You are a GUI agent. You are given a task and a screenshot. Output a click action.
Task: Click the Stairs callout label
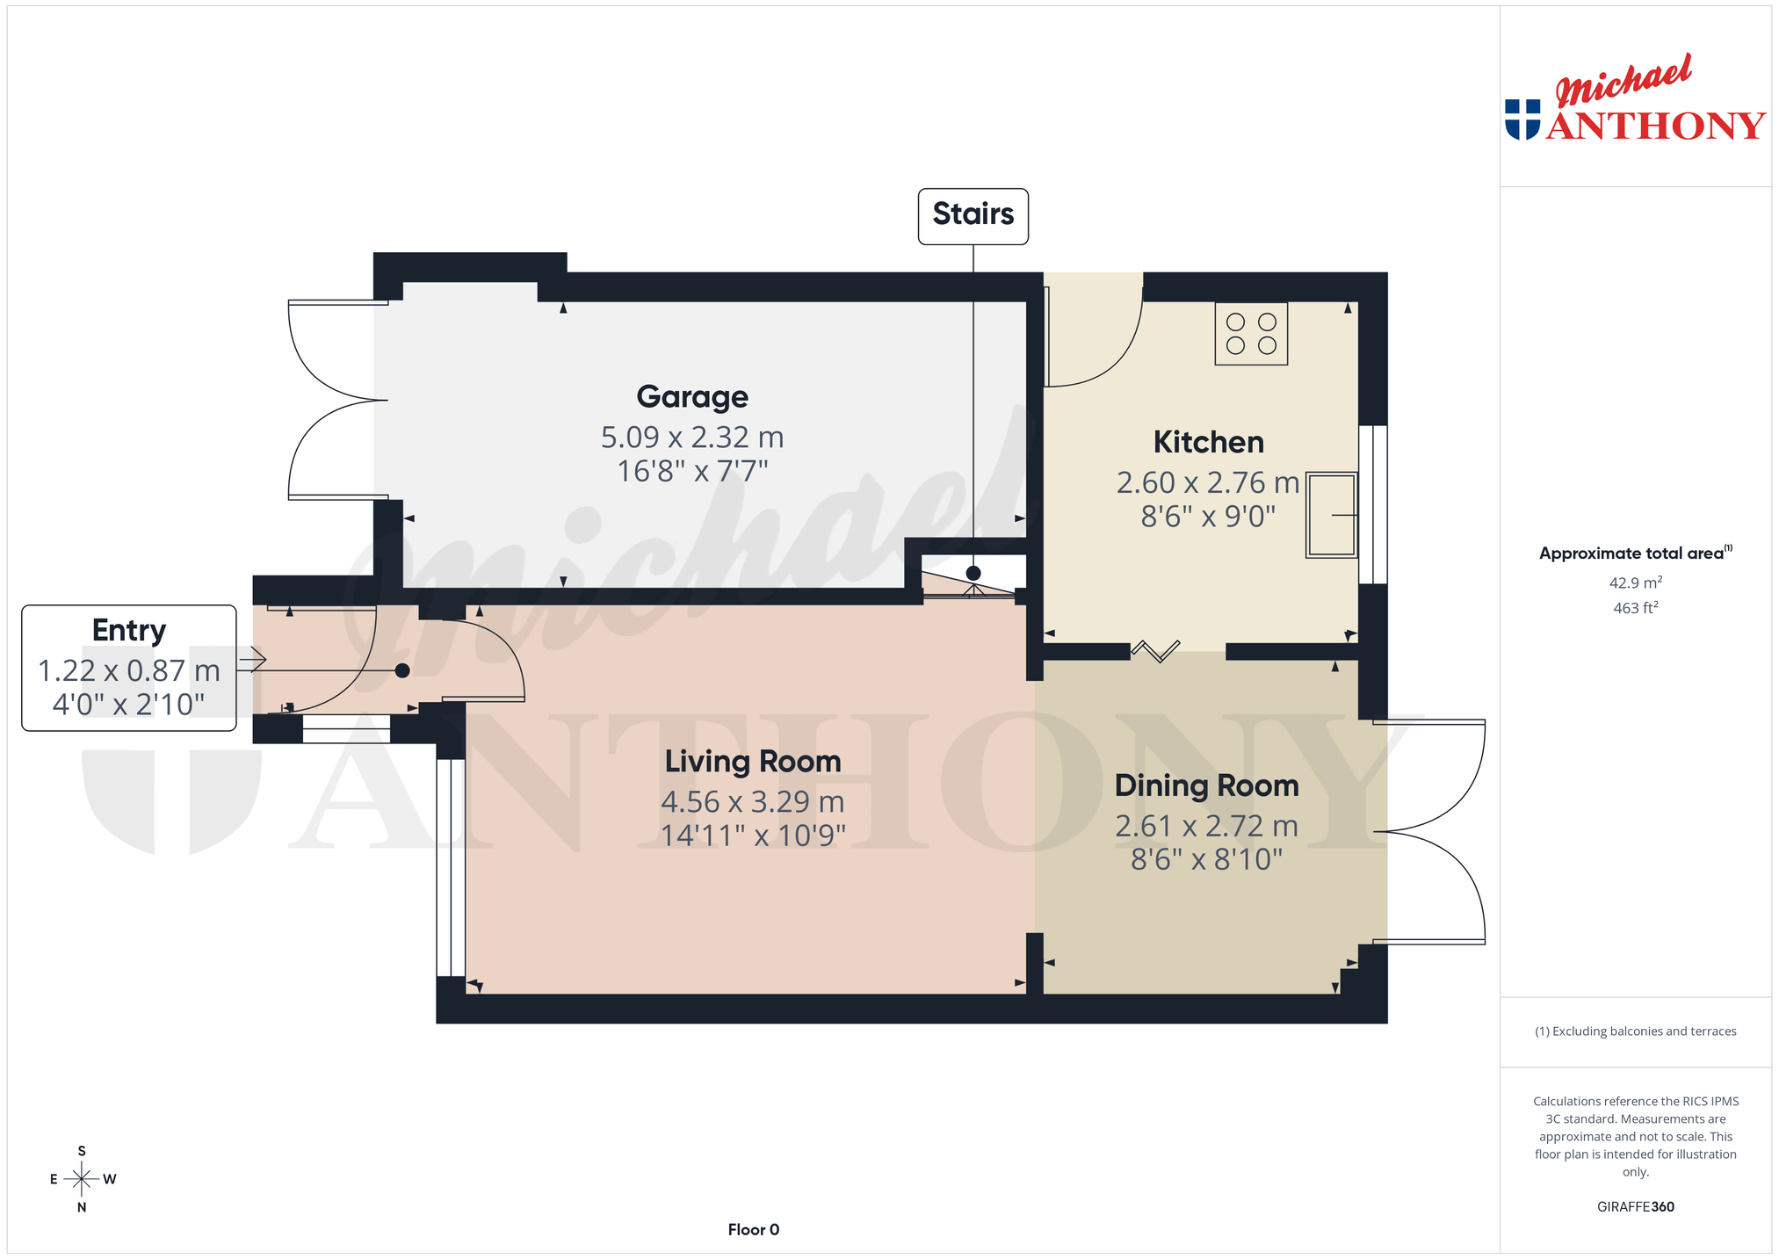pos(973,214)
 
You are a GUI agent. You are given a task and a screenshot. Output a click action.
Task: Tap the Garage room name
pos(692,397)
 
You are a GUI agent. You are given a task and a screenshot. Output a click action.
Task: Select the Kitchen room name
pos(1208,442)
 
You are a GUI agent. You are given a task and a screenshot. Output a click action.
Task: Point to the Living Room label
pos(753,761)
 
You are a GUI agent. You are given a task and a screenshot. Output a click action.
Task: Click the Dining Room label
pos(1206,785)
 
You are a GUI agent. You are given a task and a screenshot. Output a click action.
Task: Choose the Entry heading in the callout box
pos(129,631)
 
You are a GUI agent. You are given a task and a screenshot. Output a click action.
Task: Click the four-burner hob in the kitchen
pos(1251,334)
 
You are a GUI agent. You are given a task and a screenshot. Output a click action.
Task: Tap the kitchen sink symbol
pos(1332,515)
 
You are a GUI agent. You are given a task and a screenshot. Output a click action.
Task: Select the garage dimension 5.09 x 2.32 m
pos(692,437)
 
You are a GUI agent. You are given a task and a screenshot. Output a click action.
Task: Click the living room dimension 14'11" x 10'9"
pos(753,835)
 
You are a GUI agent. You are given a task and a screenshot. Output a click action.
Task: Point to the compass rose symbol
pos(82,1179)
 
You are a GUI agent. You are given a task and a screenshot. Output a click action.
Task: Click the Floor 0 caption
pos(753,1230)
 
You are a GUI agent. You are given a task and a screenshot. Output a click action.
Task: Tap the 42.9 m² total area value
pos(1635,582)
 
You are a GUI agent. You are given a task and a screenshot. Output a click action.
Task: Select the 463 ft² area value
pos(1635,608)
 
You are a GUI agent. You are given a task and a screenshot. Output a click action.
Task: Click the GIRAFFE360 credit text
pos(1635,1207)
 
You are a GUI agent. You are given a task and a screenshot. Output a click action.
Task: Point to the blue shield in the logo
pos(1522,119)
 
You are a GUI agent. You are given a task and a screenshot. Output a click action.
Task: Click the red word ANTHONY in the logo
pos(1656,126)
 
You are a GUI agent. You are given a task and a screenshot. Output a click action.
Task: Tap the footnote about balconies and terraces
pos(1635,1031)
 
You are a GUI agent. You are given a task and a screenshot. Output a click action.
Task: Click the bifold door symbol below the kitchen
pos(1155,651)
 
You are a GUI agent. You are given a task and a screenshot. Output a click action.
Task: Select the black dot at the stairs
pos(973,574)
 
